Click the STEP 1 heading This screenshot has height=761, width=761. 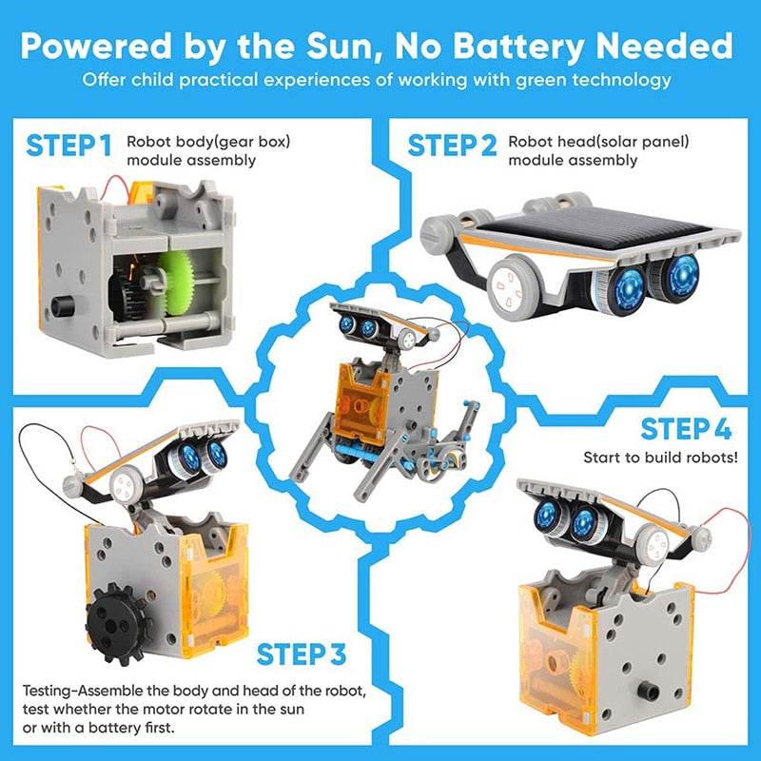point(69,146)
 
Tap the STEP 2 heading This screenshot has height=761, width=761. point(452,146)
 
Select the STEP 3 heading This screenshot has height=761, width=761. point(302,655)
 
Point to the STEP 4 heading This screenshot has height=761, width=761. point(685,429)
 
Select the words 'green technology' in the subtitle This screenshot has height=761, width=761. point(598,80)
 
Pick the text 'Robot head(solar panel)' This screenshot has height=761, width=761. point(598,142)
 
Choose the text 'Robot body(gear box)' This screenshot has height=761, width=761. point(209,142)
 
